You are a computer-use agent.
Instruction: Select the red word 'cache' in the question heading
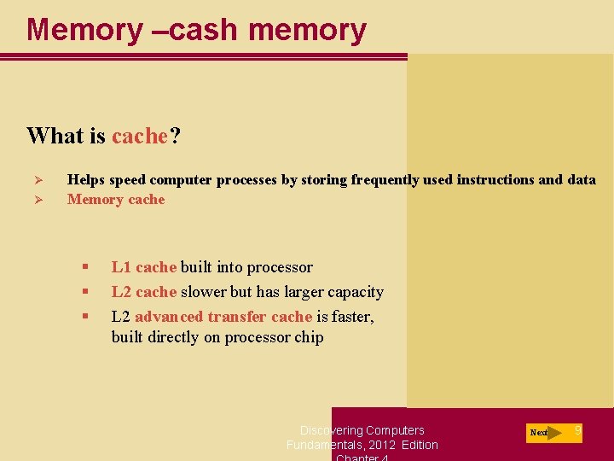140,136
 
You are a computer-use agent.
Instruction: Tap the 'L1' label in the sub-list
121,267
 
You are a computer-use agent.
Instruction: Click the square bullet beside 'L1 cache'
85,267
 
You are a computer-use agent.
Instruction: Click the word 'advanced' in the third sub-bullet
168,317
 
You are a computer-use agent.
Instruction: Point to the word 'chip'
309,337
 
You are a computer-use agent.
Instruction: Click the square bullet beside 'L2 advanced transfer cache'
85,317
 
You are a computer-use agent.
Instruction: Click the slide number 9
577,430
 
